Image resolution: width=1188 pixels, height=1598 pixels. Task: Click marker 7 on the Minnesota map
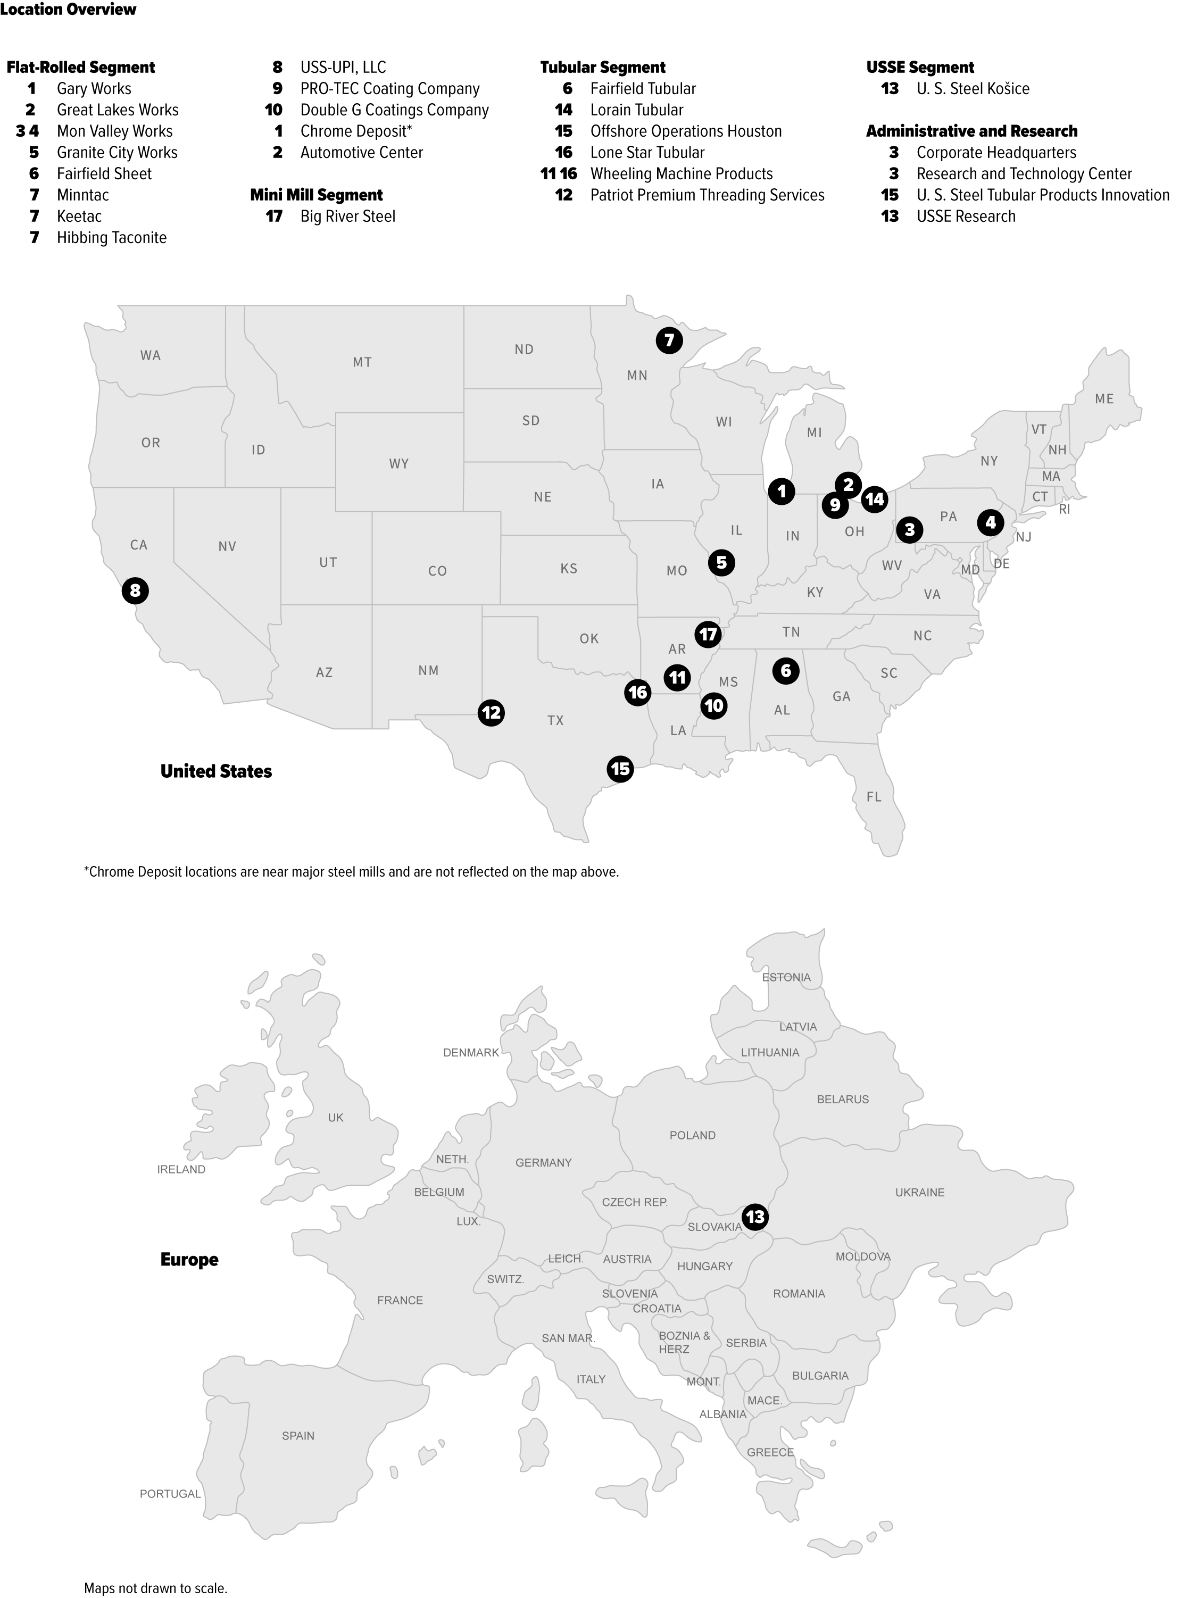tap(669, 340)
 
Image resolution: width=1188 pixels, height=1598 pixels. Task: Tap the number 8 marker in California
tap(135, 591)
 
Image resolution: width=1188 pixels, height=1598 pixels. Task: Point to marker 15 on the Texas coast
tap(620, 769)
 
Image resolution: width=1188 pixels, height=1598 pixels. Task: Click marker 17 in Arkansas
tap(708, 634)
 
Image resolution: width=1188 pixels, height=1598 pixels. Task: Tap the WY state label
tap(398, 464)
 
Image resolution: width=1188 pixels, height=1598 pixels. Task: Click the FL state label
tap(873, 796)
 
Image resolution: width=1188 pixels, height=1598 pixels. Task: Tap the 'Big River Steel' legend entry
tap(347, 217)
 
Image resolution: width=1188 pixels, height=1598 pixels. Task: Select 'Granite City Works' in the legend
tap(117, 152)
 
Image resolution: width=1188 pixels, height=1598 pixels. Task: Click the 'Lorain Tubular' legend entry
tap(636, 110)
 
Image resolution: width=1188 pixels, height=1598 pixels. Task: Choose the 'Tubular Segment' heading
tap(603, 68)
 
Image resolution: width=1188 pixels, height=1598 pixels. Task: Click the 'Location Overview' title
tap(68, 10)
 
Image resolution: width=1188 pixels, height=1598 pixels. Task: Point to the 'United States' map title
tap(216, 771)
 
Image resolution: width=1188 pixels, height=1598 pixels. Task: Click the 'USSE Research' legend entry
tap(965, 217)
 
